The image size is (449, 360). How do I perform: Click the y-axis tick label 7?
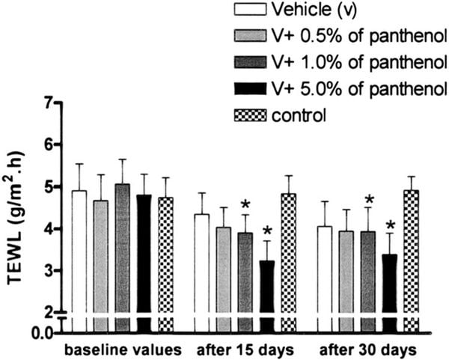(x=48, y=103)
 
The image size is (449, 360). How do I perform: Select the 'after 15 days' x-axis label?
(x=244, y=349)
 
